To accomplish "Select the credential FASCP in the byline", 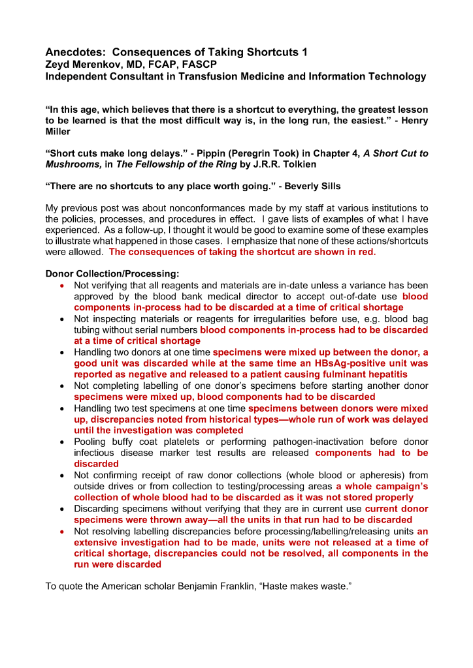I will click(200, 64).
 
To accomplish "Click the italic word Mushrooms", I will click(73, 165).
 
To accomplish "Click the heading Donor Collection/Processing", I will click(112, 274).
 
